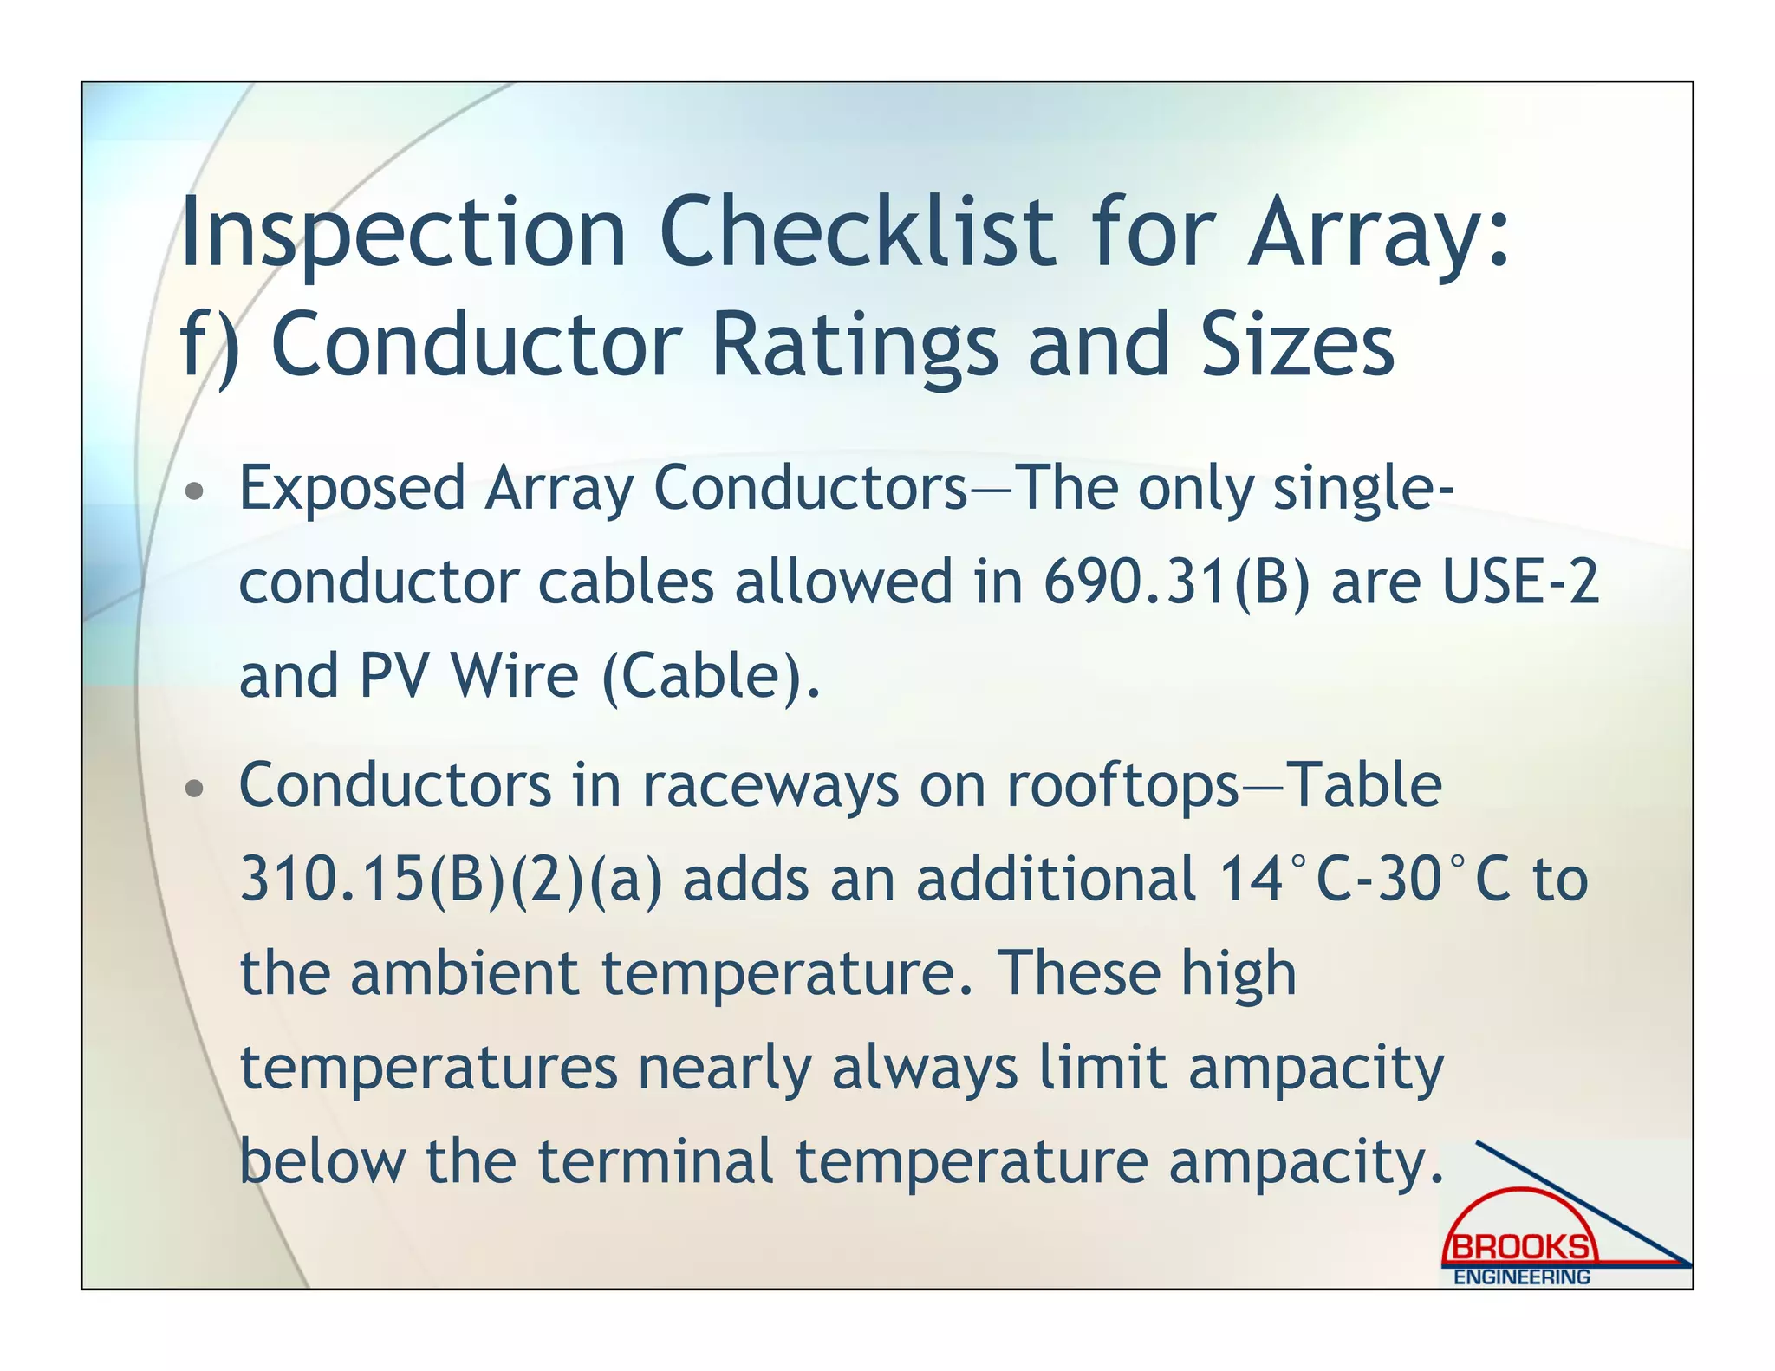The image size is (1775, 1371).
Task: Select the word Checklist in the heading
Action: tap(856, 232)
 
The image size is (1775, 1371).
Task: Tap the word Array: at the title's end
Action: tap(1378, 232)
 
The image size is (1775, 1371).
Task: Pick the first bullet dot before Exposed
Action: tap(196, 491)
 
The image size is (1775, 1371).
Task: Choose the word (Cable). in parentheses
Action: tap(710, 676)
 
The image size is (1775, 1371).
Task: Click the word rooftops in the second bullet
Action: tap(1122, 785)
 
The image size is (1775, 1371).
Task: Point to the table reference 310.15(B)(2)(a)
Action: tap(451, 880)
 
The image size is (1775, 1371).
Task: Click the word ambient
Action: tap(464, 973)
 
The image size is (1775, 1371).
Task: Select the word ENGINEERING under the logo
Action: tap(1521, 1277)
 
